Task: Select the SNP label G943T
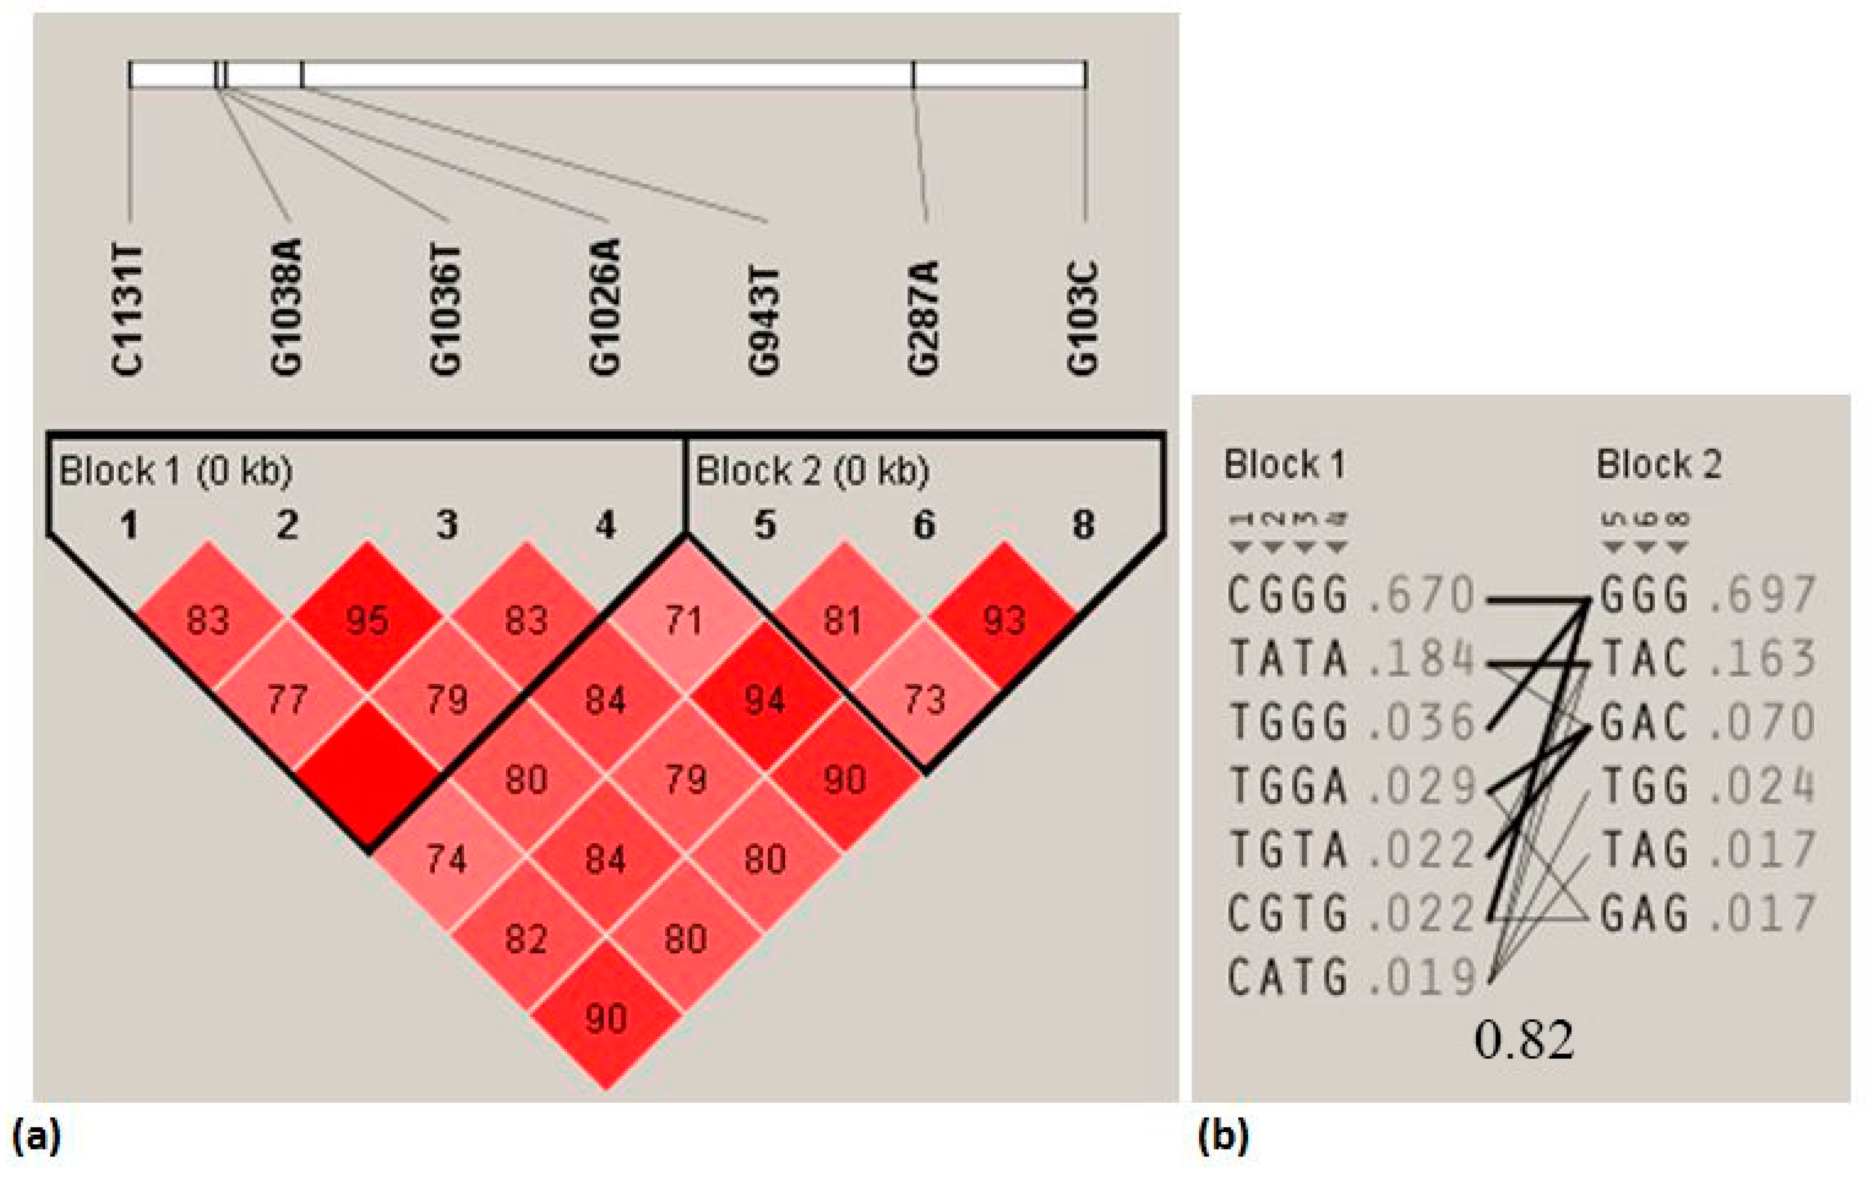point(764,320)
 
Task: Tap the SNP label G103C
point(1083,318)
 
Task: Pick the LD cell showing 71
point(684,621)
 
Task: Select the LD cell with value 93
point(1004,621)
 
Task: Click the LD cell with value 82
point(526,939)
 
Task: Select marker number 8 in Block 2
point(1083,526)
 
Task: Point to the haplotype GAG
point(1645,914)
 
